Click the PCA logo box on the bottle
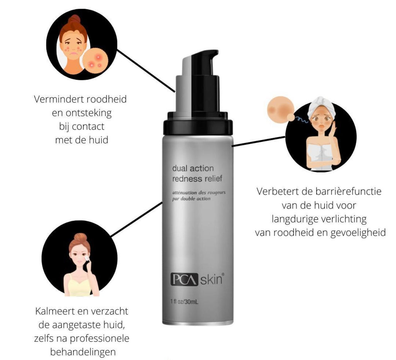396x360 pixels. click(184, 279)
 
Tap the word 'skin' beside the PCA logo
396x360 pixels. click(211, 279)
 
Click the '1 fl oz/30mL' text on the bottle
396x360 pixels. click(184, 302)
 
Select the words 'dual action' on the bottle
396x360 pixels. click(193, 168)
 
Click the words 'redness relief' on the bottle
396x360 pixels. click(197, 179)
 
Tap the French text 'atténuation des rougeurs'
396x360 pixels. click(199, 193)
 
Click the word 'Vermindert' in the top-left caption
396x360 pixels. click(59, 99)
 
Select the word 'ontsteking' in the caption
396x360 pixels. click(89, 113)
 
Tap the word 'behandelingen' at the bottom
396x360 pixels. click(83, 352)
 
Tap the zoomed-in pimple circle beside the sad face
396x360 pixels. click(96, 61)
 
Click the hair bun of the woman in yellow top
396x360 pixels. click(80, 237)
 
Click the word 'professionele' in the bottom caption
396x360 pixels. click(99, 338)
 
